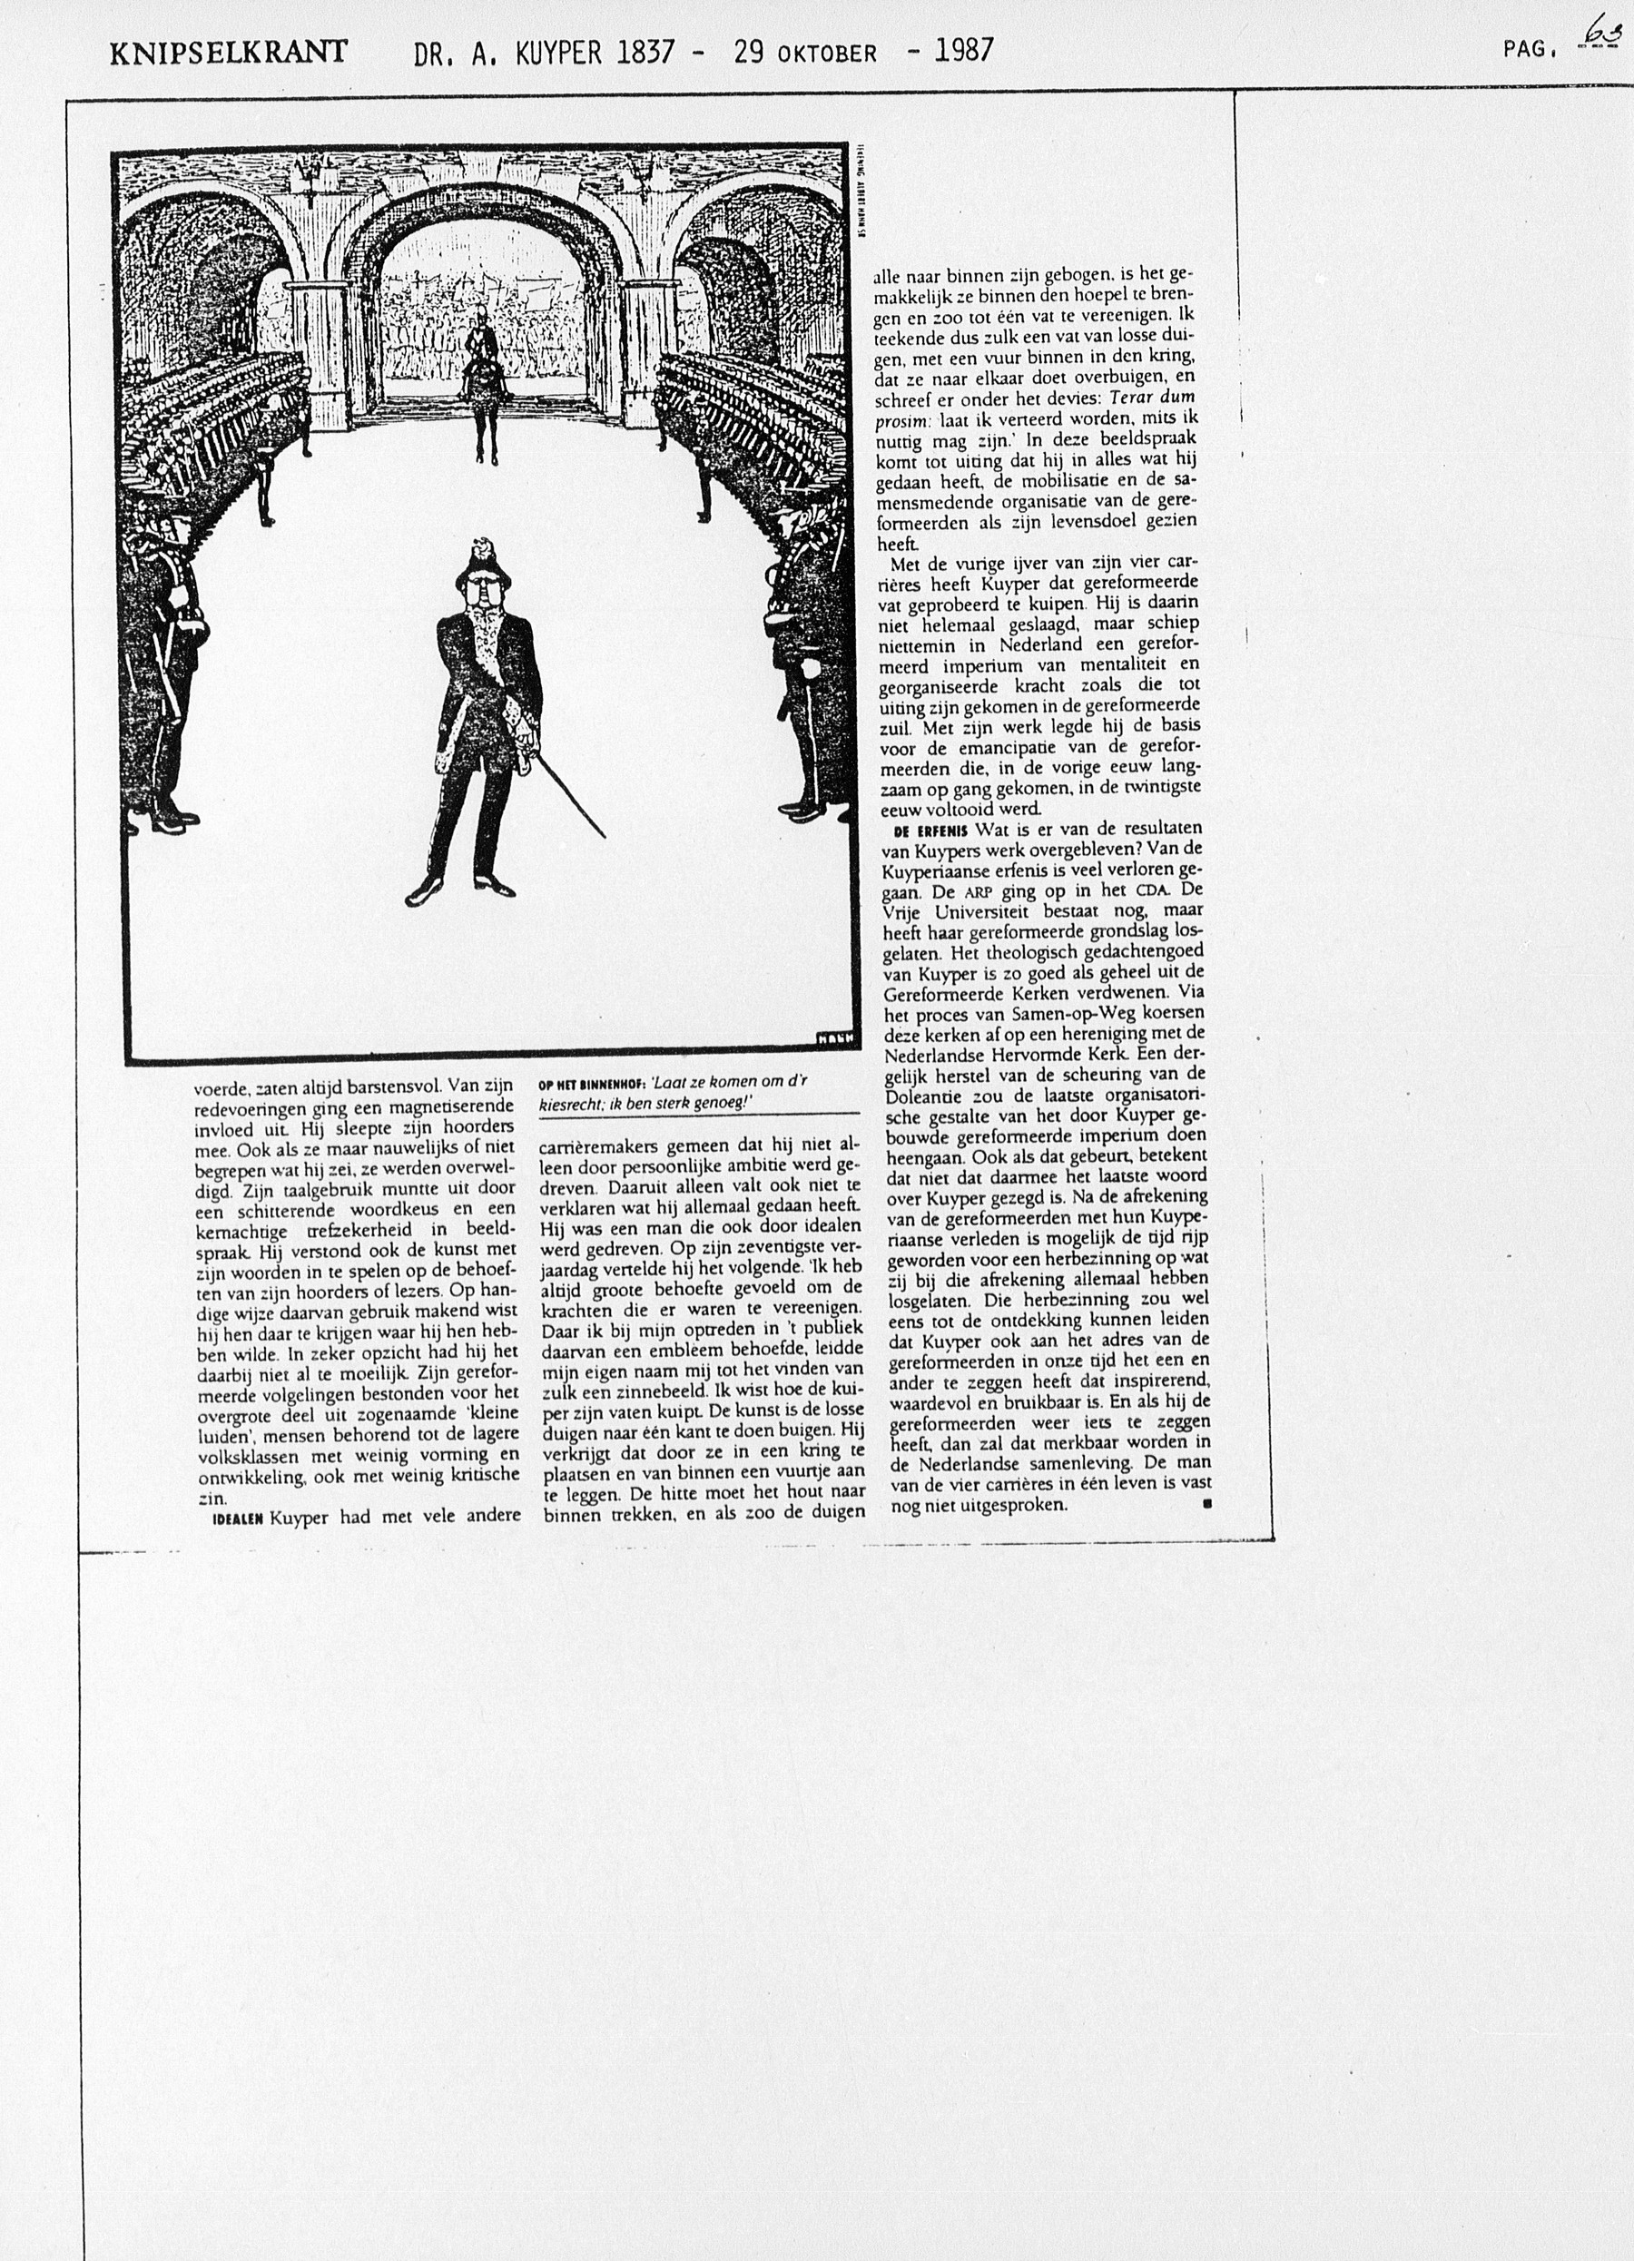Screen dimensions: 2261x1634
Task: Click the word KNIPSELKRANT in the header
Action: (230, 52)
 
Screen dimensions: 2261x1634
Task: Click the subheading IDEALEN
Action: (235, 1519)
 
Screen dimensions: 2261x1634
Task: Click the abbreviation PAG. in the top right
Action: (1531, 48)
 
